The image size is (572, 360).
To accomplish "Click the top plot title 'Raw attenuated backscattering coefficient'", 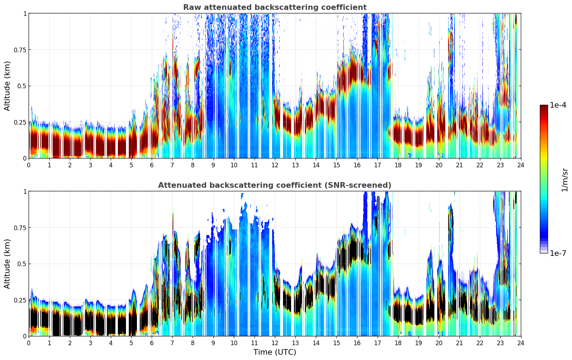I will click(x=275, y=7).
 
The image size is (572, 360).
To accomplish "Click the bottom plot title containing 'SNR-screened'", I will click(x=275, y=185).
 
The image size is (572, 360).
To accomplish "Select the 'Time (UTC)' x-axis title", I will click(x=275, y=352).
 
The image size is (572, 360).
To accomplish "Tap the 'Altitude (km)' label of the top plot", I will click(x=7, y=86).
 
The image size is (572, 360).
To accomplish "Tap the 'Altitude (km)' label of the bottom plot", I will click(x=7, y=264).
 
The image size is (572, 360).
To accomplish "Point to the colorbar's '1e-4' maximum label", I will click(x=558, y=105).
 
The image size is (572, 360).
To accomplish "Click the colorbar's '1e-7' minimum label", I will click(x=558, y=253).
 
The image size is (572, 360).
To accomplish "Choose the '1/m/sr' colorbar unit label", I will click(x=565, y=180).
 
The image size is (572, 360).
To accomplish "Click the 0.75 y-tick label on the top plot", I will click(x=20, y=50).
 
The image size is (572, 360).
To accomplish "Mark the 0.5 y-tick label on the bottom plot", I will click(x=22, y=264).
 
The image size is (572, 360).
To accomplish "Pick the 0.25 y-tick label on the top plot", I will click(x=20, y=122).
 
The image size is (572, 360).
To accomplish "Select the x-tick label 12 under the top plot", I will click(x=275, y=165).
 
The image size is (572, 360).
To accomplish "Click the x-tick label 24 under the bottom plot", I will click(x=521, y=343).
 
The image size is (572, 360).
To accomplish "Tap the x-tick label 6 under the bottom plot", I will click(x=152, y=343).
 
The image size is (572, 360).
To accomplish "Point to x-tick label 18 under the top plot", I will click(x=398, y=165).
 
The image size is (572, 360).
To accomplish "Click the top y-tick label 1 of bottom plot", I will click(x=25, y=192).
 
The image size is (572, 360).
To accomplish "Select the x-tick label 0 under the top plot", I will click(x=29, y=165).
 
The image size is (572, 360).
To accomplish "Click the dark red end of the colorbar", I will click(x=543, y=107).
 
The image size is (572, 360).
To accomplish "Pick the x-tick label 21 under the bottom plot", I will click(x=459, y=343).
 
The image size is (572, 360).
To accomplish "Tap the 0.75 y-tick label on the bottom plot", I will click(x=20, y=228).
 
